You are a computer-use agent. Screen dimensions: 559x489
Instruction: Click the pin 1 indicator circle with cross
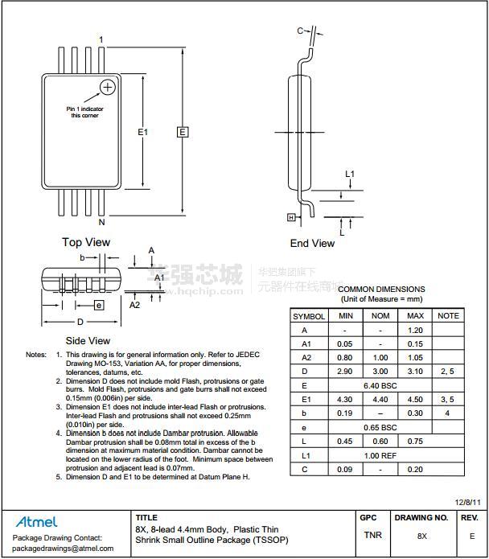pos(107,87)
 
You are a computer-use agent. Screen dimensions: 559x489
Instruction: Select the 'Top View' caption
pos(86,242)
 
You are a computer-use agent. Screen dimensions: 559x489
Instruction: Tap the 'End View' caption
pos(312,243)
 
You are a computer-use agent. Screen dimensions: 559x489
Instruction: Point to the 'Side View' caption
pos(88,341)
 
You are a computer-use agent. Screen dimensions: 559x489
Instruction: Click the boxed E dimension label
pos(183,132)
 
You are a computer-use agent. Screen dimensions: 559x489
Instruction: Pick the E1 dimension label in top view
pos(143,132)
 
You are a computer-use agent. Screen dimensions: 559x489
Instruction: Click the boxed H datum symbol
pos(291,217)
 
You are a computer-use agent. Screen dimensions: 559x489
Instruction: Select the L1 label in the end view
pos(350,175)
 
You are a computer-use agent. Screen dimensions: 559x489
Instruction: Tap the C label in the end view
pos(300,31)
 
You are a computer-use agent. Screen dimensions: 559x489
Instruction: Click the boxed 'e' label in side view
pos(99,305)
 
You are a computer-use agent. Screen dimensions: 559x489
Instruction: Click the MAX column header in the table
pos(415,316)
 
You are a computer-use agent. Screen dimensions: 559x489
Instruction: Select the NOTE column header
pos(448,316)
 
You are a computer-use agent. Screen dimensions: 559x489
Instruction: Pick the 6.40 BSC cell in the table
pos(380,385)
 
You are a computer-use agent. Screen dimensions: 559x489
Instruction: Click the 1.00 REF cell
pos(380,455)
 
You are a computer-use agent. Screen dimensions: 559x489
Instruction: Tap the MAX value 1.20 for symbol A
pos(415,330)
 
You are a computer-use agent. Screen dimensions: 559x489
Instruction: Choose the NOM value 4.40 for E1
pos(380,400)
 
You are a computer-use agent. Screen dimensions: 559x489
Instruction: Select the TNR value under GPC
pos(372,535)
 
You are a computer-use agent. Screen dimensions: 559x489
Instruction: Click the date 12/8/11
pos(467,502)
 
